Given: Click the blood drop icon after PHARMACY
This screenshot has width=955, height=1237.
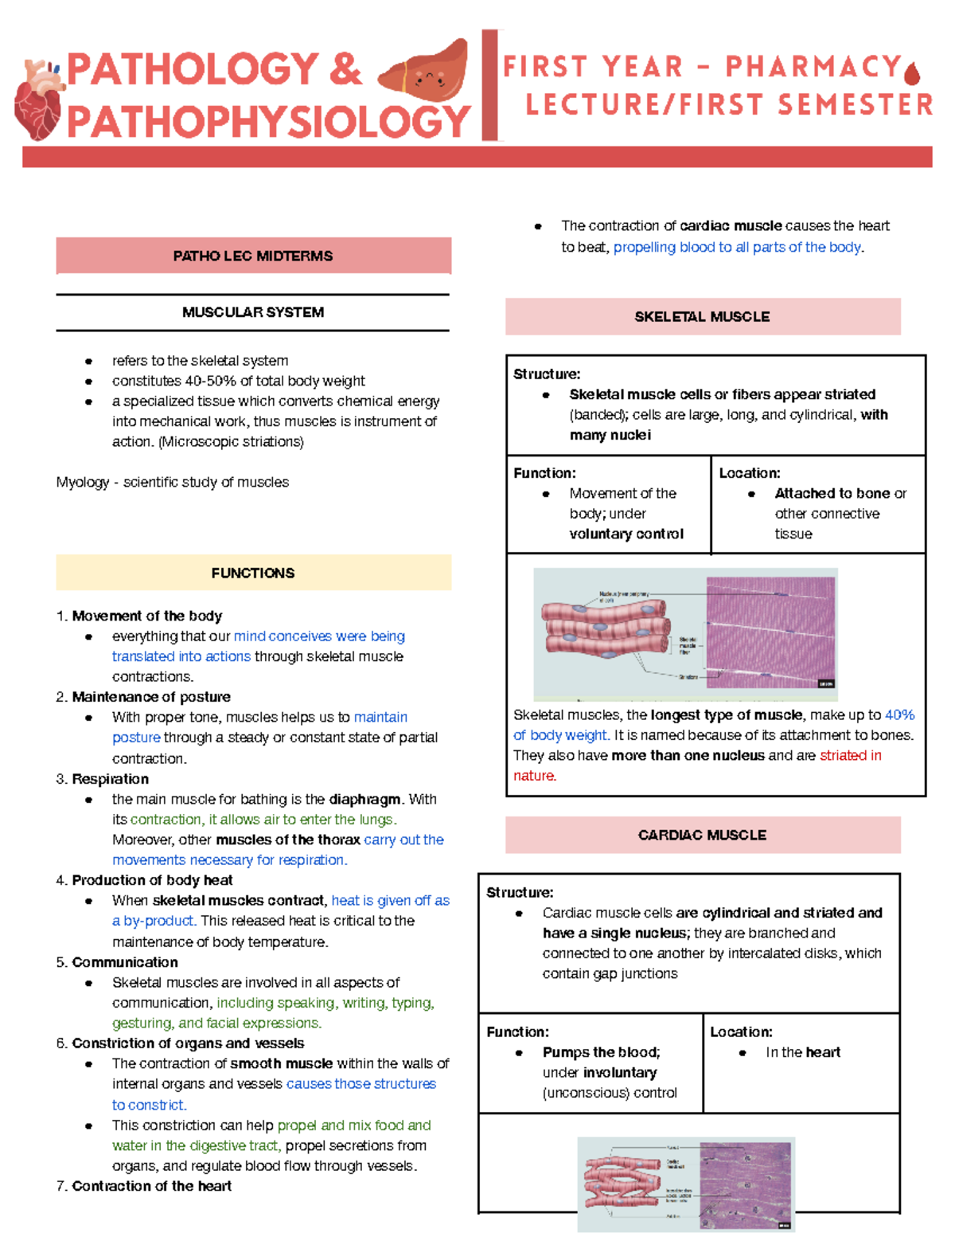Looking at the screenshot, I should (x=912, y=72).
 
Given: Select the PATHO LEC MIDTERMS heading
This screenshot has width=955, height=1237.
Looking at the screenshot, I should (x=253, y=256).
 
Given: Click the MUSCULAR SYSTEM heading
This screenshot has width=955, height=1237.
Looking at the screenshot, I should (x=253, y=312).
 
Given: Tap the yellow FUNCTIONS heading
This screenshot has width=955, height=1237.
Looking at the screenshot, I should (x=253, y=573).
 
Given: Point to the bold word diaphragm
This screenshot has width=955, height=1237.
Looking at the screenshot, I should (x=364, y=799).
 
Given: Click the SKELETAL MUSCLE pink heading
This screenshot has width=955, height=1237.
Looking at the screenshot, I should (x=702, y=316).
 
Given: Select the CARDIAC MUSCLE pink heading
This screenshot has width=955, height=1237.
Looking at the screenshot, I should (x=702, y=835).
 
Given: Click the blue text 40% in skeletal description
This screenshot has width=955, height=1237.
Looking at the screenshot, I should (x=899, y=714).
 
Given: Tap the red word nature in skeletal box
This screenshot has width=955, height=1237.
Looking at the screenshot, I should (x=534, y=775).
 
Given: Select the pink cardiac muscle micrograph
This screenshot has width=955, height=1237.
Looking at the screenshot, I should (x=746, y=1183).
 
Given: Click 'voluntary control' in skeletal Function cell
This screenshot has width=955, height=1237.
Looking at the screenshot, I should (x=626, y=534).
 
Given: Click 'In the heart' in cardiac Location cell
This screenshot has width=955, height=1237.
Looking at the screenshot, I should (x=802, y=1052).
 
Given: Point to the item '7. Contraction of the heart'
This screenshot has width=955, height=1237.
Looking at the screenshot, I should (x=144, y=1186).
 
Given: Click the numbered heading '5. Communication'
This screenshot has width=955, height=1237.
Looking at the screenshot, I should (x=117, y=962).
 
